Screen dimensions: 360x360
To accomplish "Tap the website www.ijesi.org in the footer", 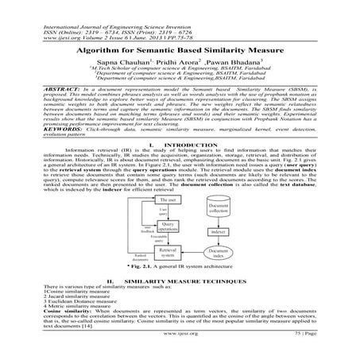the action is (180, 347).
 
